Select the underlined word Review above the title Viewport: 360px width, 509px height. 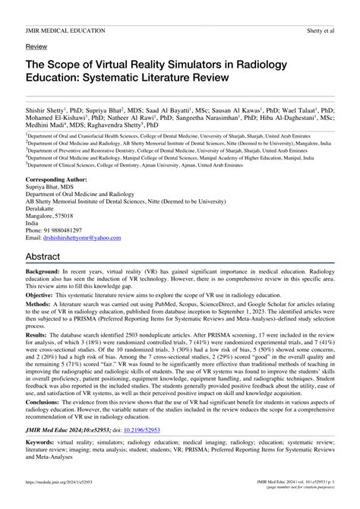tap(36, 46)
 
